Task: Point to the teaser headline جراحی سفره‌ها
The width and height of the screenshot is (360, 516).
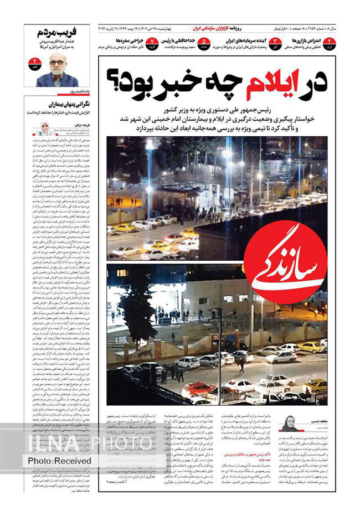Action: tap(130, 40)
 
